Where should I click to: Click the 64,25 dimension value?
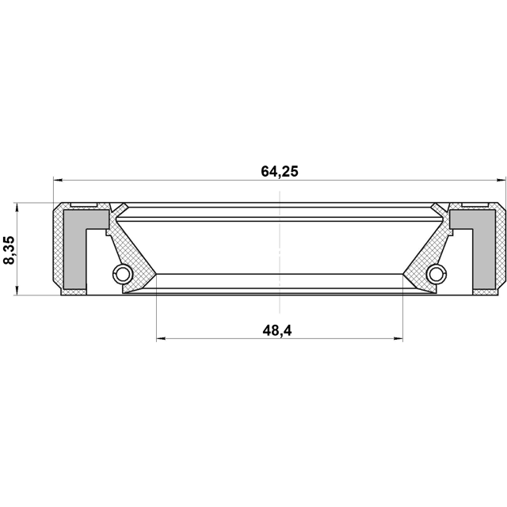click(x=280, y=171)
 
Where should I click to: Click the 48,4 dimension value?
click(x=277, y=331)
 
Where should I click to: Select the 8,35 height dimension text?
click(x=9, y=250)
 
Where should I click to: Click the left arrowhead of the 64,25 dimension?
click(x=58, y=180)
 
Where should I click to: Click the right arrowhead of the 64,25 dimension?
click(x=501, y=180)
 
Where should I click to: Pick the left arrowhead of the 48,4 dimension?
click(x=161, y=338)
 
